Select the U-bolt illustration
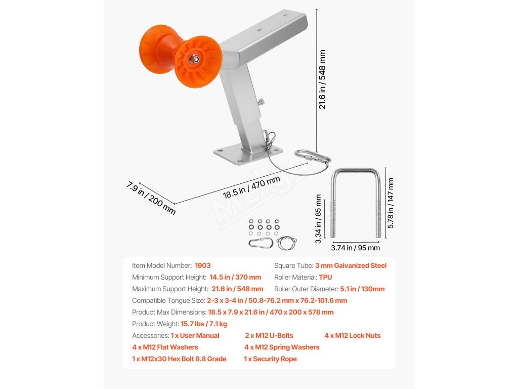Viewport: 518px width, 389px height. (355, 203)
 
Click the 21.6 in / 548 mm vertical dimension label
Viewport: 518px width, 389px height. (322, 79)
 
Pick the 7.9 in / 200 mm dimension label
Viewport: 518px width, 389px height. (151, 198)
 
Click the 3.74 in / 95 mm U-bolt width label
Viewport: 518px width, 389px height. (355, 248)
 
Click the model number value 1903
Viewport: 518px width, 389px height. (202, 265)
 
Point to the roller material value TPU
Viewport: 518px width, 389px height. (325, 278)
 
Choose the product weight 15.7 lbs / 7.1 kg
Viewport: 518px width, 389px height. (204, 324)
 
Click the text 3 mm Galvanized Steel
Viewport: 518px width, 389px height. (351, 265)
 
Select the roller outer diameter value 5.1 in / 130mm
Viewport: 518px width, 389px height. (362, 289)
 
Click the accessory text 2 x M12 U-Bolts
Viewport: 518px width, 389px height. (269, 335)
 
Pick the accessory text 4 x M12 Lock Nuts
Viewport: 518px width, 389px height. (353, 335)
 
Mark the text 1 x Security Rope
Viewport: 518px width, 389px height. (270, 359)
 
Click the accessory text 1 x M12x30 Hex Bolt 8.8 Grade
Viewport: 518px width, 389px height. (179, 359)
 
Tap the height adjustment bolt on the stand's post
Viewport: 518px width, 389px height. (261, 103)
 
